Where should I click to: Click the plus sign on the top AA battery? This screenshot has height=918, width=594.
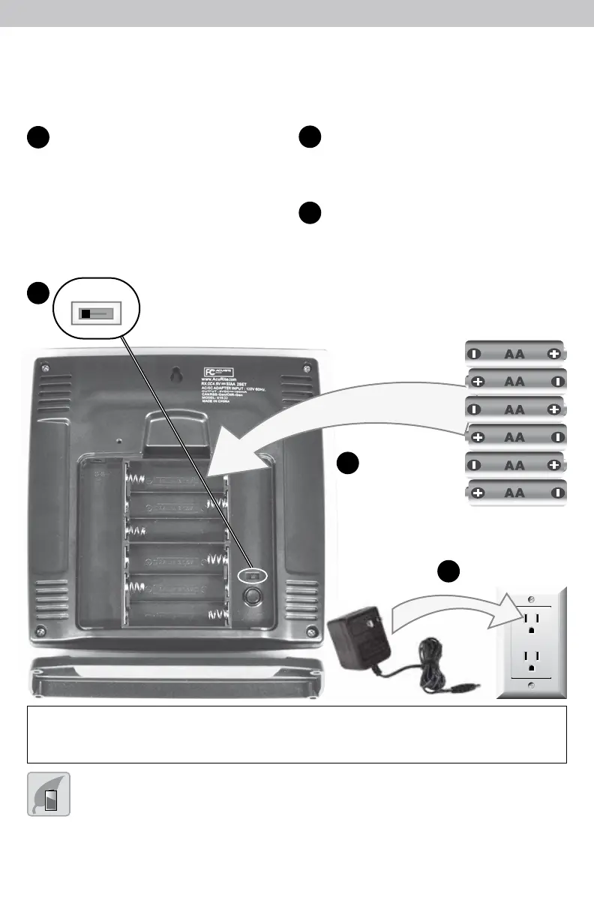(553, 353)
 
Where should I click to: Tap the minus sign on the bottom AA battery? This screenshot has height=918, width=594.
(555, 493)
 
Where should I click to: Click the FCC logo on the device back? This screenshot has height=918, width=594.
(211, 372)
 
